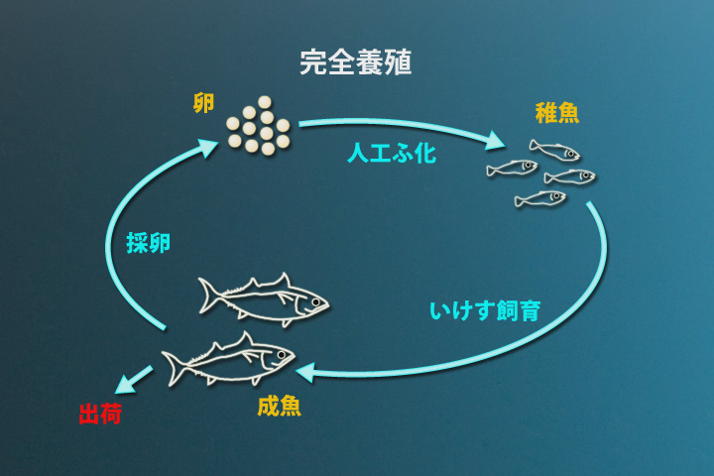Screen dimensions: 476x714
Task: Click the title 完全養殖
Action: (x=356, y=62)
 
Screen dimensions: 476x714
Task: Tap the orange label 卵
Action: (x=203, y=103)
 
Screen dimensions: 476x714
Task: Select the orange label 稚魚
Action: (x=556, y=112)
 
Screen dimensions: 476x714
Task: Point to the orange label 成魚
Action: (x=279, y=406)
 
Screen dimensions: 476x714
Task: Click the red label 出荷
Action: (x=100, y=414)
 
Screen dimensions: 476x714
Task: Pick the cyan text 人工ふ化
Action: (x=392, y=154)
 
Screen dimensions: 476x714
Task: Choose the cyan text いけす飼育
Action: (x=485, y=310)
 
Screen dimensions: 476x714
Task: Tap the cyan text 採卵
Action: (x=149, y=243)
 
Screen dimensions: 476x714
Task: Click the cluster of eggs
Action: (x=258, y=125)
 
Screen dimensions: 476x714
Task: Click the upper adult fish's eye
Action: (x=315, y=301)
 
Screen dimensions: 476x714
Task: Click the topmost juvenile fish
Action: (x=554, y=151)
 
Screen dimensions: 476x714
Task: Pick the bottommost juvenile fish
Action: (x=540, y=199)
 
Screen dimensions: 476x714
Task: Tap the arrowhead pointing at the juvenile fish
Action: (x=493, y=141)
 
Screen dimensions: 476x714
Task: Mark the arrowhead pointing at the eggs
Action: (x=206, y=149)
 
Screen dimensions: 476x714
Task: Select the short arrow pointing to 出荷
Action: (x=133, y=380)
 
